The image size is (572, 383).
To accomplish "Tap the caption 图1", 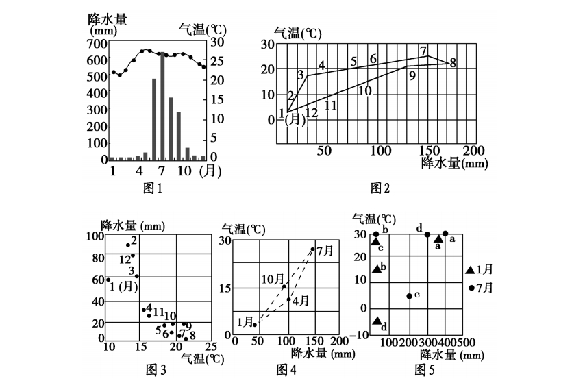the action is coord(153,188).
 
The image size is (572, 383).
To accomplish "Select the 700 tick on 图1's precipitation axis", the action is coord(97,44).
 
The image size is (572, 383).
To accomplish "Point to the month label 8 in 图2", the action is coord(453,63).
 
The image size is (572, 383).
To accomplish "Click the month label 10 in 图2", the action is coord(365,90).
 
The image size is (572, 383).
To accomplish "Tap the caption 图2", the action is coord(380,188).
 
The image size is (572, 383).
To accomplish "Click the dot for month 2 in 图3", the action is coord(128,245).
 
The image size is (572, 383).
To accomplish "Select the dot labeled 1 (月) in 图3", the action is coord(108,280).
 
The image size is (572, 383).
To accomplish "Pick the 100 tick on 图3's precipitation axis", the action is coord(95,236).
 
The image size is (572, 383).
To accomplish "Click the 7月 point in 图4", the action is coord(312,249).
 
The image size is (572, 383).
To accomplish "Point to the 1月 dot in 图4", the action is coord(255,324).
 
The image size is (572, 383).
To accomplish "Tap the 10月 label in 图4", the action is coord(273,280).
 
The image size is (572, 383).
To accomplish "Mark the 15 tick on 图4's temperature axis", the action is coord(227,288).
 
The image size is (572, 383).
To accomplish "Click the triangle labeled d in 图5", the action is coord(377,321).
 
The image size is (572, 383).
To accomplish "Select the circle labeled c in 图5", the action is coord(409,296).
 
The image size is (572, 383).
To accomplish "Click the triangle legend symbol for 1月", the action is coord(470,270).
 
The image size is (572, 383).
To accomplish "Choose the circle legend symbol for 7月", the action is coord(471,288).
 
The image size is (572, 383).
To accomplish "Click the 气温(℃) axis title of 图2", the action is coord(298,34).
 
